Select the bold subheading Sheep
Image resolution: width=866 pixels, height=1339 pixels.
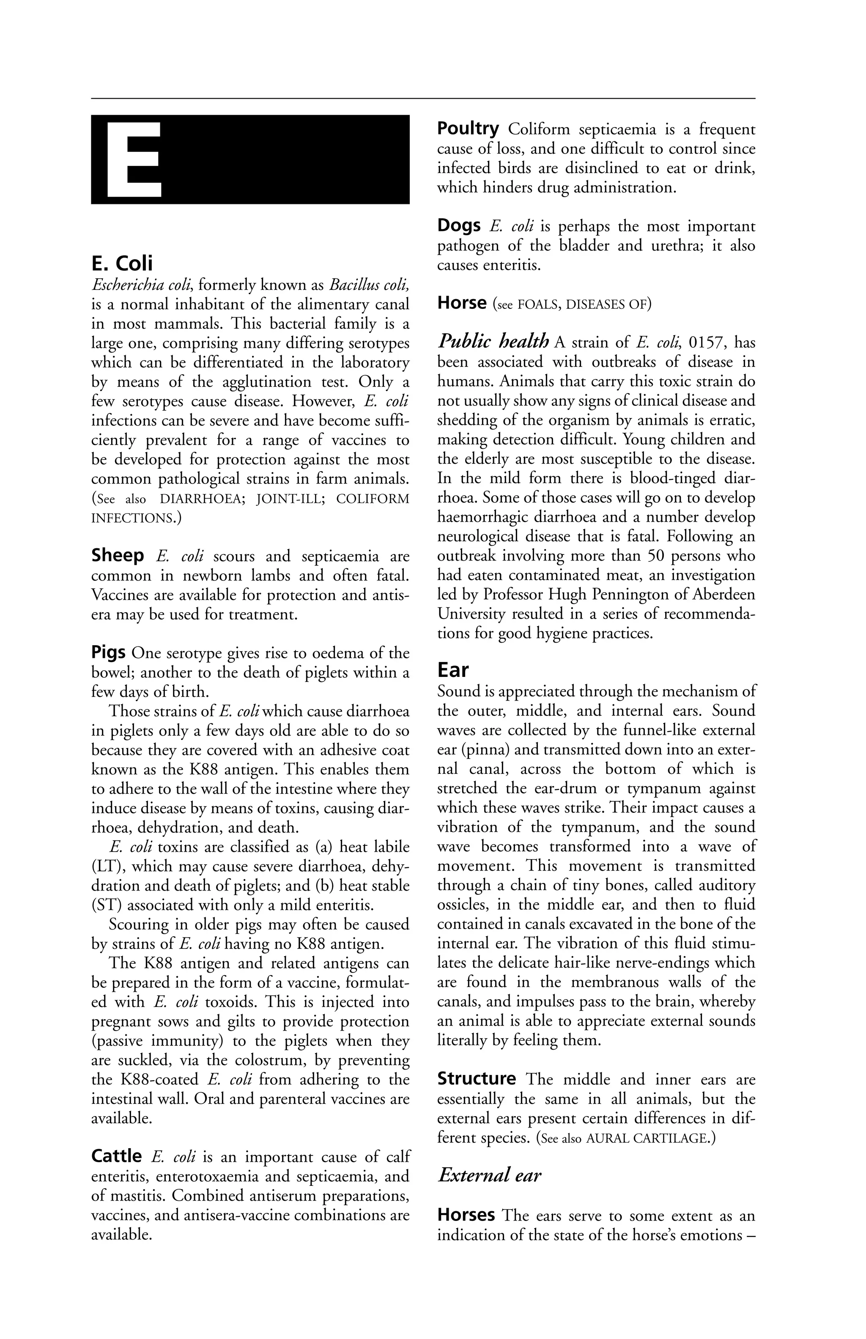pos(118,556)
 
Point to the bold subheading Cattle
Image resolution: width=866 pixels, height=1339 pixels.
pos(116,1156)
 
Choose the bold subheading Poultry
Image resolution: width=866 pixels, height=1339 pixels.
pos(468,129)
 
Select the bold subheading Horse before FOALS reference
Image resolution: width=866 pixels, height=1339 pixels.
pos(462,303)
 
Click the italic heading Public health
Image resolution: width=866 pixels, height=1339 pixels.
pos(493,341)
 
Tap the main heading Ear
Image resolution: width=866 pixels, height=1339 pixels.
pos(453,670)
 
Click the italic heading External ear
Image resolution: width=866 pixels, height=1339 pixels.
pos(489,1175)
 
